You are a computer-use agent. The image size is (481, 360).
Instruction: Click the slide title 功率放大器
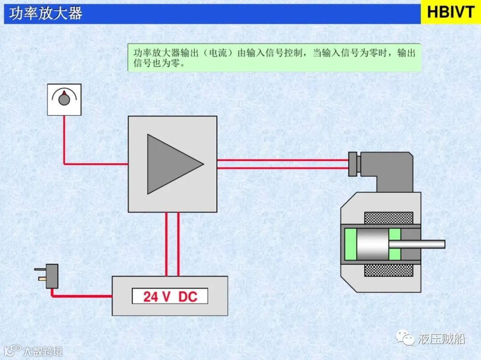46,13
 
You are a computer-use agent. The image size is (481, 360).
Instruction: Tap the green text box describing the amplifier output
274,57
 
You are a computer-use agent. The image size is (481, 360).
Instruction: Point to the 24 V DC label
170,296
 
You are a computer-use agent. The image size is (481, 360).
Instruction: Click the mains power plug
49,276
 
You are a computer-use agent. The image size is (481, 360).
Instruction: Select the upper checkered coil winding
388,218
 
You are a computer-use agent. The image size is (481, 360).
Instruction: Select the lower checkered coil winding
388,270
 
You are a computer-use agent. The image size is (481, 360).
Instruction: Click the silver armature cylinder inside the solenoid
372,244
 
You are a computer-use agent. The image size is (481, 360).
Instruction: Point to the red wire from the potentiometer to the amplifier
65,147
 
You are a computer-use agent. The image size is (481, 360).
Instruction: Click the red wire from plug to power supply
80,295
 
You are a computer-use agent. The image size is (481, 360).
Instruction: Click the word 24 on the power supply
151,296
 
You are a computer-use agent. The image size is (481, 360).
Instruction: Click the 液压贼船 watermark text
441,339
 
